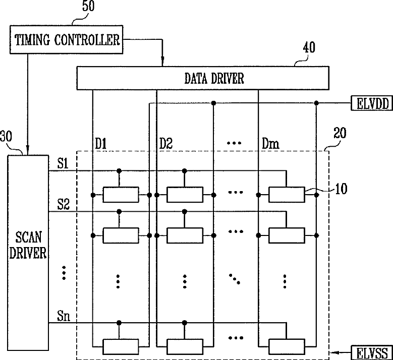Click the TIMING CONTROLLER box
coord(67,40)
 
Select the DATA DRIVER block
coord(203,78)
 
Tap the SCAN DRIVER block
coord(28,253)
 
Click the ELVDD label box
coord(372,103)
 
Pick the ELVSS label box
coord(372,353)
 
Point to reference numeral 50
coord(88,6)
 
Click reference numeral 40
coord(309,47)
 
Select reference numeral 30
coord(6,137)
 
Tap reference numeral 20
coord(340,133)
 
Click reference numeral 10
coord(341,189)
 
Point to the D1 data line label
coord(101,144)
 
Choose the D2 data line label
coord(165,144)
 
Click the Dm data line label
coord(270,144)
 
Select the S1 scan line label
coord(63,164)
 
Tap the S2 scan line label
coord(63,204)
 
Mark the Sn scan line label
coord(64,316)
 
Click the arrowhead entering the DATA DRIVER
coord(162,62)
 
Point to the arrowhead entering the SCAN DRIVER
coord(28,150)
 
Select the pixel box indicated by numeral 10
coord(287,195)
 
